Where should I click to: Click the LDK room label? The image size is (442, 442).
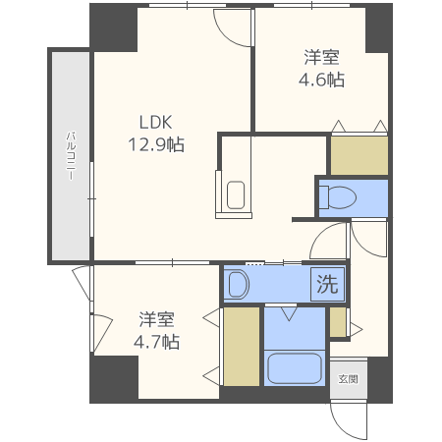[x=155, y=123]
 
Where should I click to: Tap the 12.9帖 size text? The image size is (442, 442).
[x=155, y=144]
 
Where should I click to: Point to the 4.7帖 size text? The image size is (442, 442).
[x=156, y=342]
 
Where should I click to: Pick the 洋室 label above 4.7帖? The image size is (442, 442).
[x=156, y=320]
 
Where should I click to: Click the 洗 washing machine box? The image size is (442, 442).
[x=327, y=285]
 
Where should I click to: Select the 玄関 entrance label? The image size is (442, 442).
[x=348, y=378]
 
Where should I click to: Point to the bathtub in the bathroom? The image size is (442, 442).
[x=294, y=368]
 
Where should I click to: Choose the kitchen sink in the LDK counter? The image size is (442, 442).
[x=236, y=194]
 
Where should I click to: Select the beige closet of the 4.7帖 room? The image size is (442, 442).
[x=241, y=346]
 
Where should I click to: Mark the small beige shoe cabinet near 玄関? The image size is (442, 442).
[x=337, y=322]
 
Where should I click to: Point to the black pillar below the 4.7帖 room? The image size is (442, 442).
[x=113, y=378]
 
